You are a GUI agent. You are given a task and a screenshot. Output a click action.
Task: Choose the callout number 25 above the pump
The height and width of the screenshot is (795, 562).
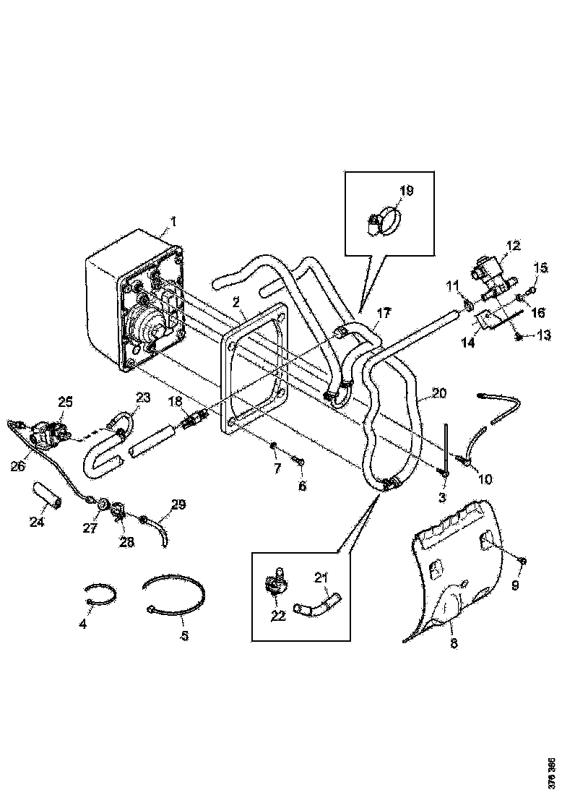click(66, 401)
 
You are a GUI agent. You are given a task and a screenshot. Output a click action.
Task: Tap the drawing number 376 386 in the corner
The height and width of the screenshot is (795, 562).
click(552, 772)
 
